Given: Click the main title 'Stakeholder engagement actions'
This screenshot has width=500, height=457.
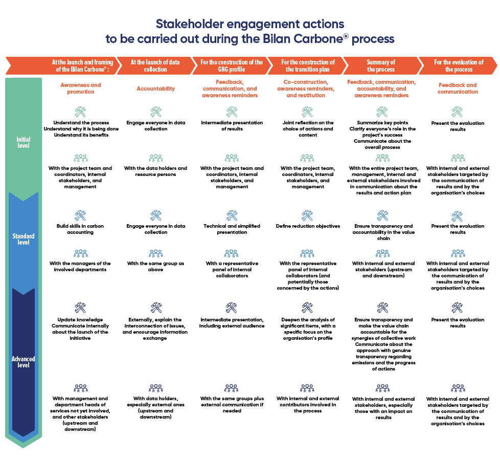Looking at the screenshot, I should (x=249, y=24).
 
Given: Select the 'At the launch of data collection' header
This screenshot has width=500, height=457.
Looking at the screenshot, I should (x=155, y=66).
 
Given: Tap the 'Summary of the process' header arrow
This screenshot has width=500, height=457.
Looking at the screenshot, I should (x=381, y=66).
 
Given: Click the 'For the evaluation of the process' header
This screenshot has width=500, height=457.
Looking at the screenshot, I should (x=459, y=66).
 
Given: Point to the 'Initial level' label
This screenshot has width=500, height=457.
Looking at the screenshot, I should (x=24, y=142).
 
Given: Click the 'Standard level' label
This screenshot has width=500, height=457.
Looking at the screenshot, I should (x=24, y=239).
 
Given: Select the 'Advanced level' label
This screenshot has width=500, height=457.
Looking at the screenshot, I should (x=24, y=362).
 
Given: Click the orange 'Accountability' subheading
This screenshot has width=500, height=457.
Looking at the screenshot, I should (x=155, y=89).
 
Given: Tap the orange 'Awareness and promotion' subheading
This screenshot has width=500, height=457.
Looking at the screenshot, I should (x=81, y=89).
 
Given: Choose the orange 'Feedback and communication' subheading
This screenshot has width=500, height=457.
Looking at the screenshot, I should (x=458, y=89).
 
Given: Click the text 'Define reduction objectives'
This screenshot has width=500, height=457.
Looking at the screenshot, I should (x=308, y=226).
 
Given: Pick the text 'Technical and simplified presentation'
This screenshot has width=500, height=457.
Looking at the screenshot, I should (x=232, y=229).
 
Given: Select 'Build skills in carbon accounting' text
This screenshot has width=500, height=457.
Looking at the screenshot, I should (x=80, y=229).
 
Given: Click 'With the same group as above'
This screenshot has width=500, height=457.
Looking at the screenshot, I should (x=155, y=267).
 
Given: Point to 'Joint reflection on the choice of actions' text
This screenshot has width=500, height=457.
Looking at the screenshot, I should (x=308, y=126).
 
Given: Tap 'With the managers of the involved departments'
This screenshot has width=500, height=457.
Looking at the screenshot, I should (x=80, y=267).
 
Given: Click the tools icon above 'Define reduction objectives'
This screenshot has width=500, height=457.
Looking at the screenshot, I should (x=307, y=215).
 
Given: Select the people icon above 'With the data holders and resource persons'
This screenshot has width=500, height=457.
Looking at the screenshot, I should (x=155, y=158).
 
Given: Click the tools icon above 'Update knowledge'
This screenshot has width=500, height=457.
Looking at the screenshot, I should (x=80, y=308).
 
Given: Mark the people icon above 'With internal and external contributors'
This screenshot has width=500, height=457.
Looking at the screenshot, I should (x=307, y=388).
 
